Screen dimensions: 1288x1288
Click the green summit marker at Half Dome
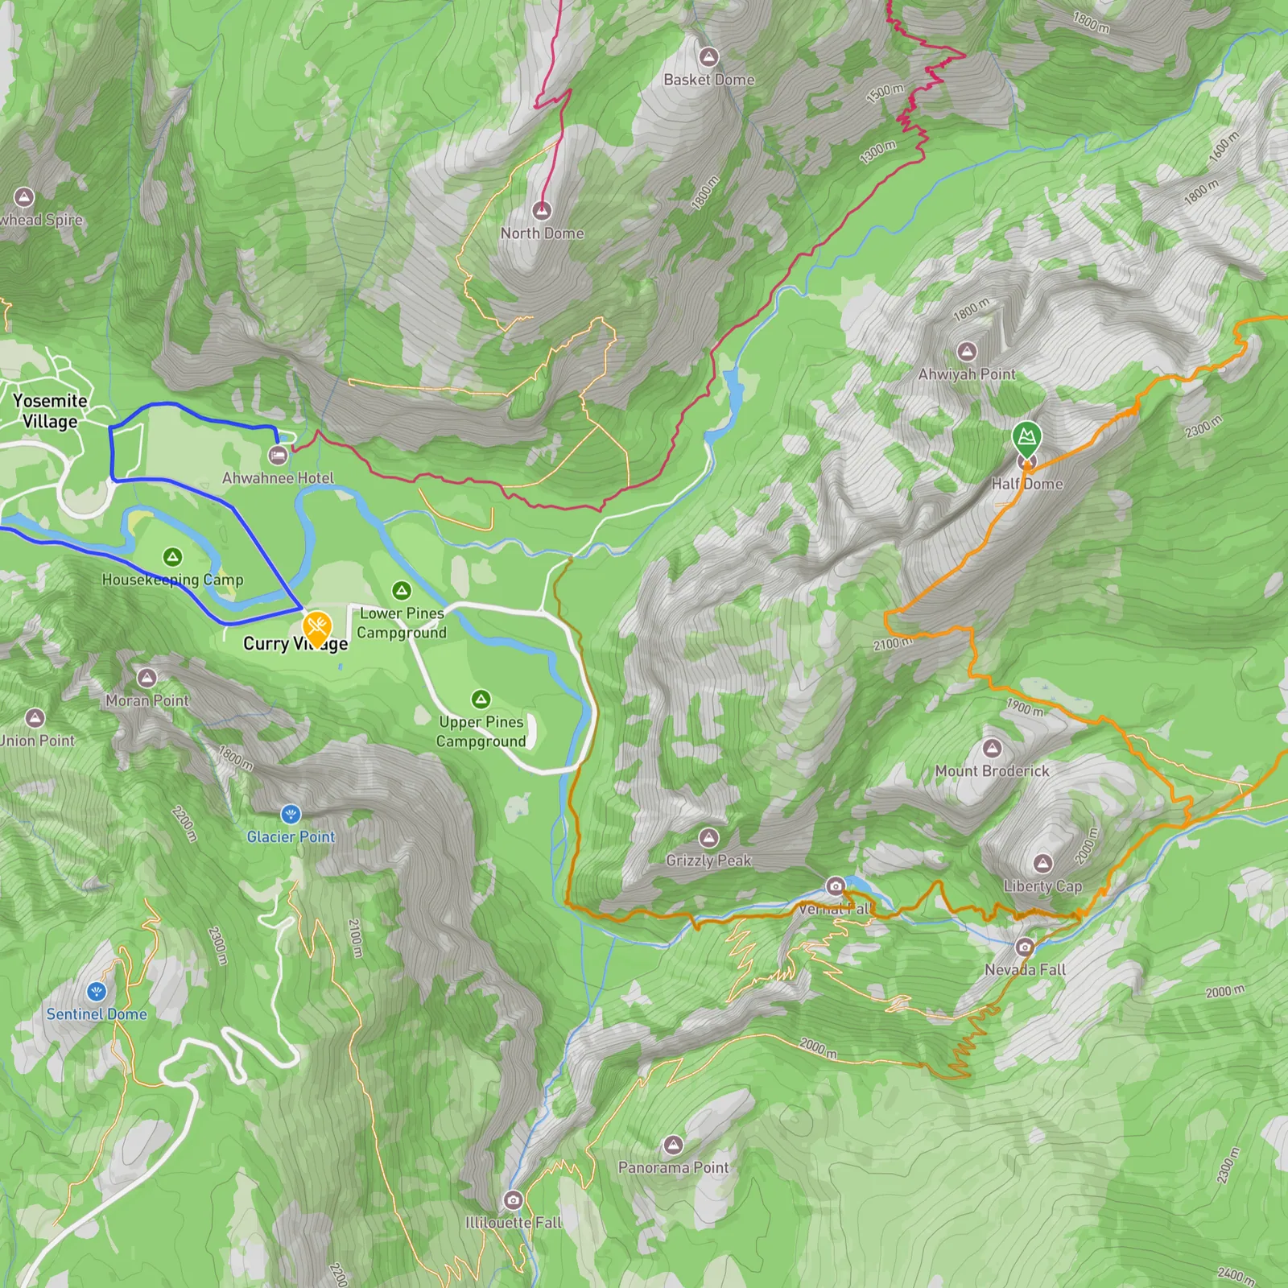[1026, 437]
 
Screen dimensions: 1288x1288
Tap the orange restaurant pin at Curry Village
[317, 625]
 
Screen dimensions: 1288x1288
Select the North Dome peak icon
[543, 211]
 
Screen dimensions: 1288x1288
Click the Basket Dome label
[708, 80]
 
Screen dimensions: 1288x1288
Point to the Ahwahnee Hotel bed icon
[279, 456]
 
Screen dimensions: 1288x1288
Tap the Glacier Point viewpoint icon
[291, 814]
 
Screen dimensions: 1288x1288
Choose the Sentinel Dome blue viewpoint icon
[97, 991]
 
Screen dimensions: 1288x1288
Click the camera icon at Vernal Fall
[836, 886]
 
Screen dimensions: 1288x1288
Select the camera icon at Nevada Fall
[1024, 947]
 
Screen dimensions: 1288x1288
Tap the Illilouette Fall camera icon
[513, 1200]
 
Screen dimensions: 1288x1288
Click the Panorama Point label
[673, 1167]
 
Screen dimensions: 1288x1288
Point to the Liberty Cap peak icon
[1043, 864]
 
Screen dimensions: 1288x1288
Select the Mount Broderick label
[992, 771]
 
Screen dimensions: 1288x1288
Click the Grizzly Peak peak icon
[708, 838]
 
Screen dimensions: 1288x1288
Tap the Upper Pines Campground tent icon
[481, 699]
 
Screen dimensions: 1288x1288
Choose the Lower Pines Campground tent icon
[402, 591]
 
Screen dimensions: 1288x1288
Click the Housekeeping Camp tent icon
[172, 556]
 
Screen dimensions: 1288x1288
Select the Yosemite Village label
[50, 411]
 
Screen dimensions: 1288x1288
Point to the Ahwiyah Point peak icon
[967, 351]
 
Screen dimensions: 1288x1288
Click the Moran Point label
[147, 700]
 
